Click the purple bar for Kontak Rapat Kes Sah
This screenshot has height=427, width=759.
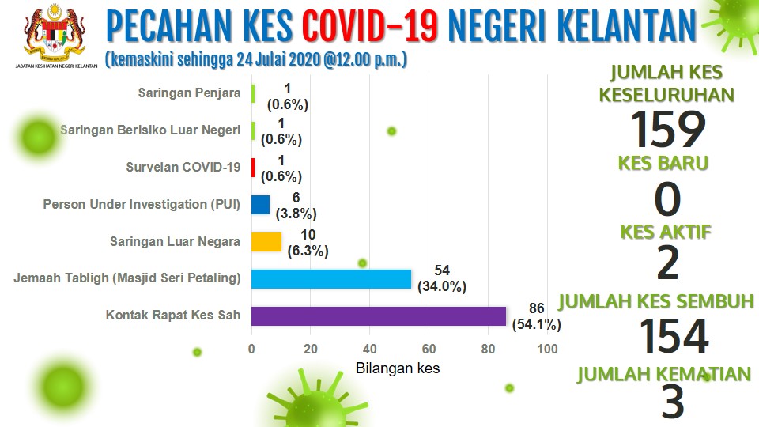(379, 316)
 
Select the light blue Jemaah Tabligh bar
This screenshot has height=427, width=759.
(331, 279)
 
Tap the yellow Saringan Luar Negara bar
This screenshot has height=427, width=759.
(266, 242)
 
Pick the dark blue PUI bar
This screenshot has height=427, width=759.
(260, 205)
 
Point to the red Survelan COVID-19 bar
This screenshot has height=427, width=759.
(253, 168)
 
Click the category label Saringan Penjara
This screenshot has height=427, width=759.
(189, 93)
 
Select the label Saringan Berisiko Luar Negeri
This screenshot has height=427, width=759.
(150, 130)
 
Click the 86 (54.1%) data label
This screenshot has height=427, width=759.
(536, 316)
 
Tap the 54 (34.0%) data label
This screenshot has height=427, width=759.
(442, 278)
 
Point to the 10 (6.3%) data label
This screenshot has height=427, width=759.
(308, 243)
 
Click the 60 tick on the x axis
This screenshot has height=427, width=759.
(429, 349)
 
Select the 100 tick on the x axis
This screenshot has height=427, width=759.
(547, 349)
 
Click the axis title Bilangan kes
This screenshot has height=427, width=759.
(398, 368)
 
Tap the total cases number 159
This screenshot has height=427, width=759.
(668, 129)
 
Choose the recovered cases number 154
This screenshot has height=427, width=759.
(674, 336)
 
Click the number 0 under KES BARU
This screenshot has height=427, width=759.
(667, 199)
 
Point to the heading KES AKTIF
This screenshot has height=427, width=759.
(666, 232)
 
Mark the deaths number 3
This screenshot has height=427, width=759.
(673, 402)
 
